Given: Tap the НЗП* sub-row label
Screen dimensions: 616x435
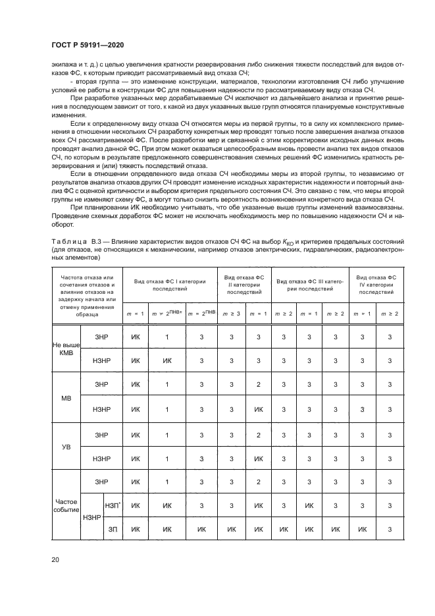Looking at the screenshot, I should pyautogui.click(x=112, y=505).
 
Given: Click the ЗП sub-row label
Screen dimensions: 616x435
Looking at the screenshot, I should pyautogui.click(x=112, y=528).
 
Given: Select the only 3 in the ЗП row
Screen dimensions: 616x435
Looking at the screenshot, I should pyautogui.click(x=390, y=528).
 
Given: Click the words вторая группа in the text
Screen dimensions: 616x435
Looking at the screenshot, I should pyautogui.click(x=87, y=82).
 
